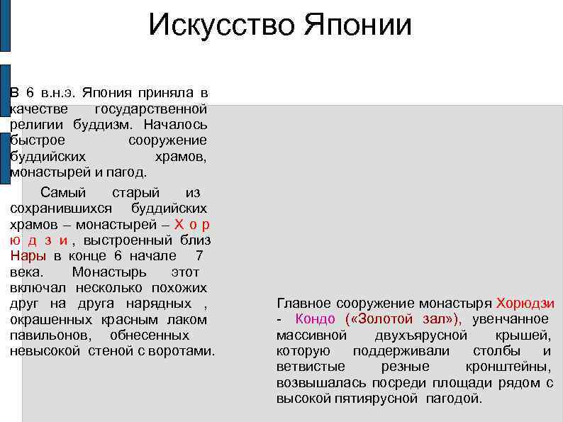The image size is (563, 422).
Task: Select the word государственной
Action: click(x=150, y=109)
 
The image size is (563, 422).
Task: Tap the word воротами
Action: click(x=184, y=351)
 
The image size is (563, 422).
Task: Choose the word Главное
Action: click(x=303, y=303)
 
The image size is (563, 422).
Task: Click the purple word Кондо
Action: click(x=315, y=319)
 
